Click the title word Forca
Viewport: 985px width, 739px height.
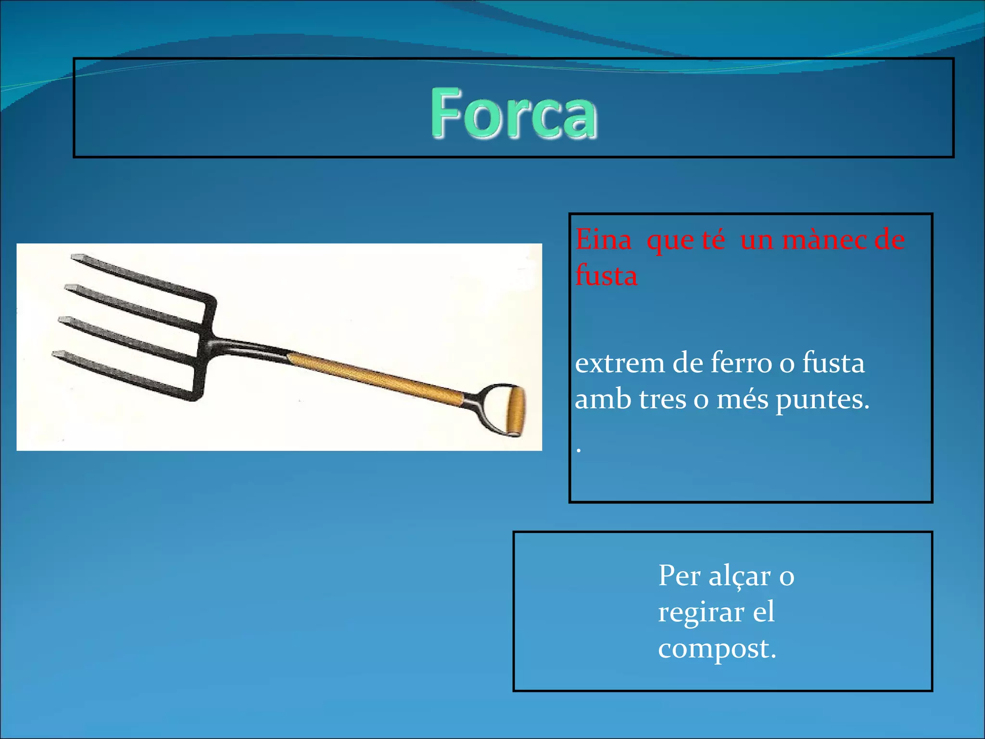[514, 114]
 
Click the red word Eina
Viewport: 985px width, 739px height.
[603, 240]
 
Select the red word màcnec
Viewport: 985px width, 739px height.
[822, 240]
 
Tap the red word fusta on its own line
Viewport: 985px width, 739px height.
[606, 276]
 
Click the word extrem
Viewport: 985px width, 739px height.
[619, 363]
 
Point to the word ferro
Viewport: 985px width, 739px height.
[741, 363]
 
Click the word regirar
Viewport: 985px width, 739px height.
[701, 612]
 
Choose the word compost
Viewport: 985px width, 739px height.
[716, 649]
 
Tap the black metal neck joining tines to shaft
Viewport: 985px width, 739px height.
[245, 347]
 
